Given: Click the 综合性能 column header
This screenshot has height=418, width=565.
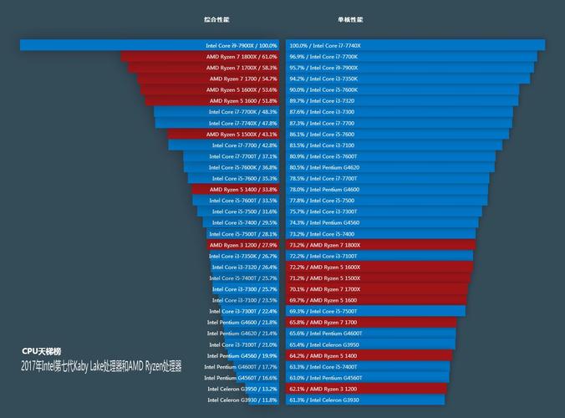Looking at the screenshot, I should pyautogui.click(x=216, y=18).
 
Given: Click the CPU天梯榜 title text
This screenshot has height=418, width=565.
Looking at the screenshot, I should pyautogui.click(x=42, y=351).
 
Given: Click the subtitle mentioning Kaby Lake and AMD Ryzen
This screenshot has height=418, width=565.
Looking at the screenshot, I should pyautogui.click(x=101, y=367).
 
